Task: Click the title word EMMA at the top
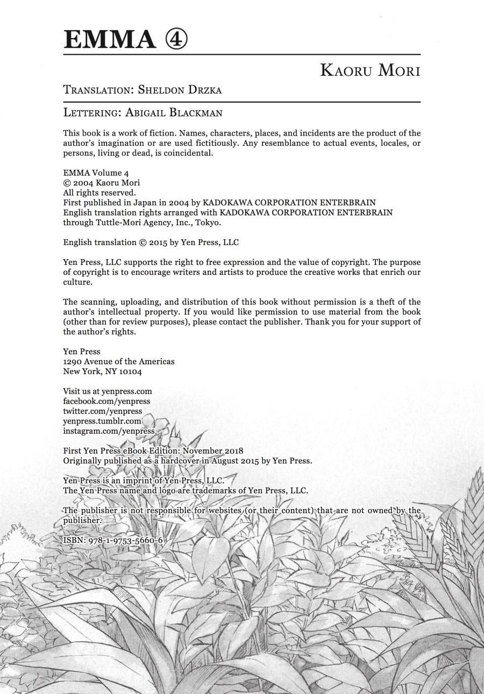point(109,40)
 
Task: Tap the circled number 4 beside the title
point(176,40)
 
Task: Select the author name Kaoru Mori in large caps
point(369,70)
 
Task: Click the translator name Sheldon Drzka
point(180,90)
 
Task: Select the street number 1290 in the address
point(72,361)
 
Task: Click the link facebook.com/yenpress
point(106,401)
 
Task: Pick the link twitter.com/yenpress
point(102,411)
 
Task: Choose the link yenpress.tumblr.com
point(102,421)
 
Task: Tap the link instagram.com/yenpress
point(109,431)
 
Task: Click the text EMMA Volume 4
point(96,173)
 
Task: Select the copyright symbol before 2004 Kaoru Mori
point(67,183)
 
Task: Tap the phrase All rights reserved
point(99,192)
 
